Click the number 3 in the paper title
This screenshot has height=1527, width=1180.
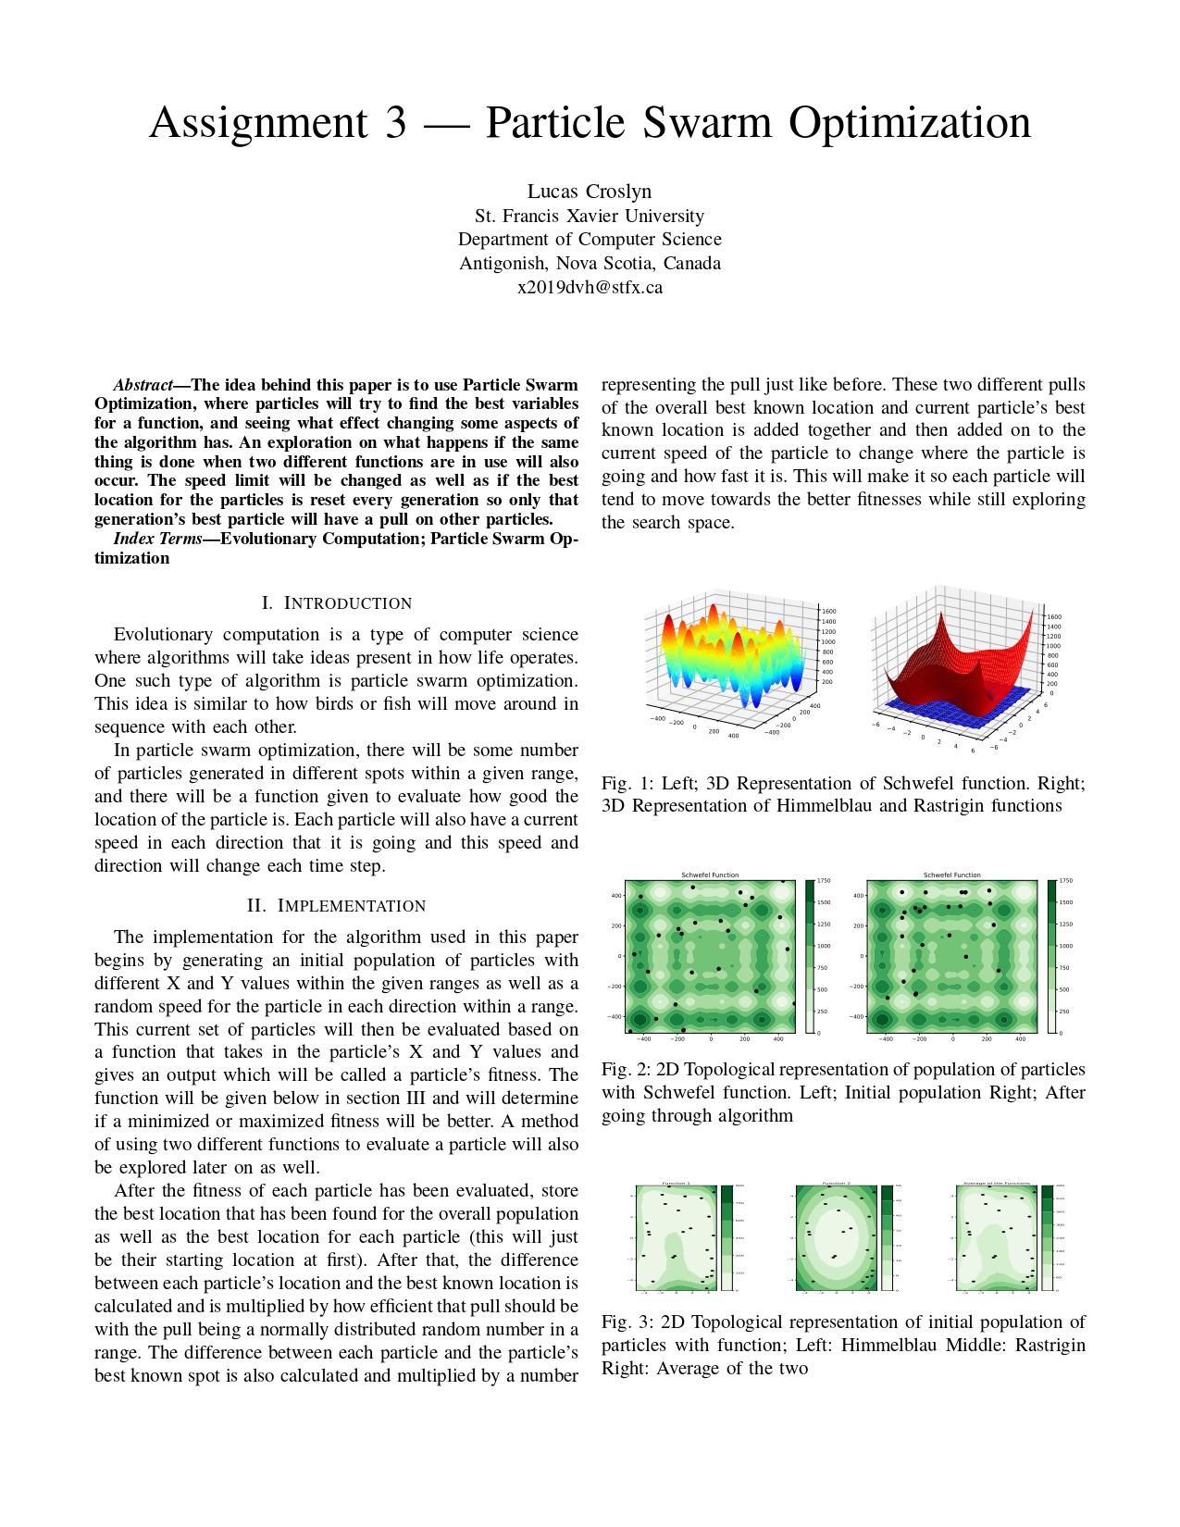[395, 123]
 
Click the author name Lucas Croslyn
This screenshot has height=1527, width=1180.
[590, 192]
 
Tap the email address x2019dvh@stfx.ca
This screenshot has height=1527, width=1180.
[590, 287]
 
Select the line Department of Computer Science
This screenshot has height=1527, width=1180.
[590, 240]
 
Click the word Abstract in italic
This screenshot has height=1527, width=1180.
[143, 385]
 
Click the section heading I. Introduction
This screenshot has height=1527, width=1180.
[336, 603]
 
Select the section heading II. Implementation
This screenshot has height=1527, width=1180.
[336, 906]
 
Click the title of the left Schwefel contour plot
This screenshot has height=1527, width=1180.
[710, 875]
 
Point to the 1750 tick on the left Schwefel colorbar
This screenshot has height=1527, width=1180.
[824, 881]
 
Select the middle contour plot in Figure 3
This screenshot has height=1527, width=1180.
[835, 1237]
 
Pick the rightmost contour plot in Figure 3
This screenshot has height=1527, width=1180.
[996, 1237]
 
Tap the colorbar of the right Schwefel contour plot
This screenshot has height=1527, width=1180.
[1051, 956]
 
